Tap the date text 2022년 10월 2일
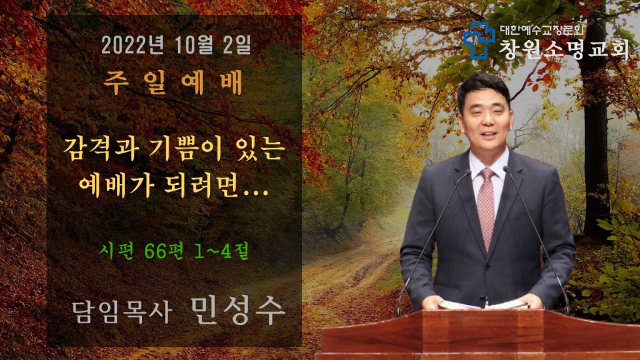(176, 45)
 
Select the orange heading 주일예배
(173, 82)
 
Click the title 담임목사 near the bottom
(121, 312)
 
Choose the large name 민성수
(237, 311)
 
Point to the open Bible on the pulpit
(483, 304)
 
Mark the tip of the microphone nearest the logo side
(506, 169)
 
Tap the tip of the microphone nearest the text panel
(468, 172)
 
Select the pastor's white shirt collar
(487, 162)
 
